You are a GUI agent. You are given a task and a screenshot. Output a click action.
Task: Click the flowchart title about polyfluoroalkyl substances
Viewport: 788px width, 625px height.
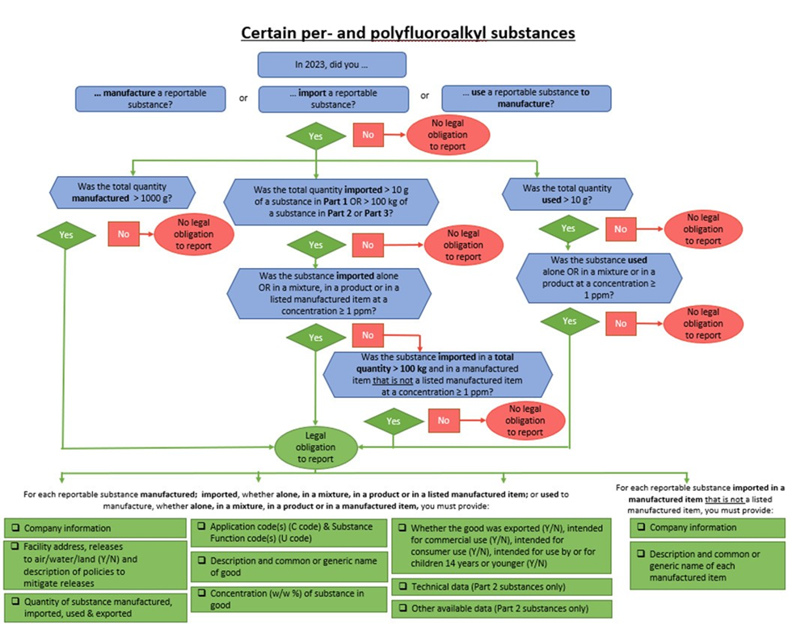click(407, 32)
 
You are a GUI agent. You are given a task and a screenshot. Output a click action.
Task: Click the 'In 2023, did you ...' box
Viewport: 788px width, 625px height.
click(331, 65)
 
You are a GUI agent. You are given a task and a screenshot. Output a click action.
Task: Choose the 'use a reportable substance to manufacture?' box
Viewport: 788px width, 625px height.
click(525, 99)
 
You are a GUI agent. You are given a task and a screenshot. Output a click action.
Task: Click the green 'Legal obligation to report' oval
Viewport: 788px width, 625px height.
click(316, 447)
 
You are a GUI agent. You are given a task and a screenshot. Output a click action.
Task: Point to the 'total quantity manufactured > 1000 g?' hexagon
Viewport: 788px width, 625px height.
click(120, 191)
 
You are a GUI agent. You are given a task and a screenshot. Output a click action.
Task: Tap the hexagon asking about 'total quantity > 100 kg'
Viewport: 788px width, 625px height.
click(437, 374)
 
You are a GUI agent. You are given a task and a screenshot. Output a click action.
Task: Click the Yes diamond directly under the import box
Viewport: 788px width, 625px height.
click(315, 136)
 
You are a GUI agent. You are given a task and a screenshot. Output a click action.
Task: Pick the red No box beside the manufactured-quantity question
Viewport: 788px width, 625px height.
click(124, 234)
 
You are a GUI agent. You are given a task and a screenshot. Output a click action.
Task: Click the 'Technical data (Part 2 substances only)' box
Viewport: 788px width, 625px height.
click(501, 585)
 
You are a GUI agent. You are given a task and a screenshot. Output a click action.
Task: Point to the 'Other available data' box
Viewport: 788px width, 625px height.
click(501, 608)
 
